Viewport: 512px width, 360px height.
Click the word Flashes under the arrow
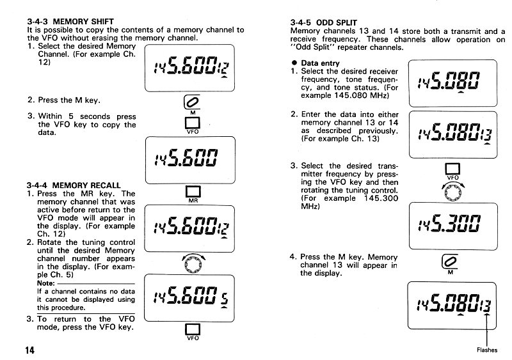point(488,350)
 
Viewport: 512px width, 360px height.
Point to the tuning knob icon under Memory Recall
point(192,262)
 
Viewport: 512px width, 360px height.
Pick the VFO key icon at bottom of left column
point(192,329)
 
